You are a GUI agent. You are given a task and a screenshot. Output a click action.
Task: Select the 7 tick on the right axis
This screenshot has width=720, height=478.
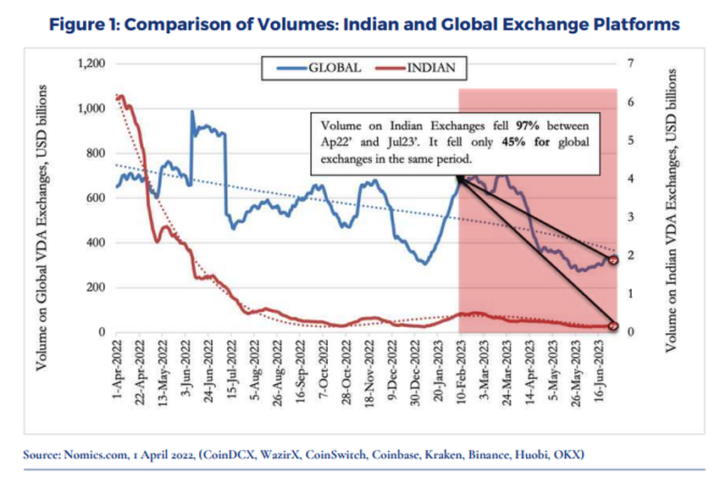point(632,64)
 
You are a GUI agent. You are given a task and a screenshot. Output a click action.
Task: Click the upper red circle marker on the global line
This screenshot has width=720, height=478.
point(614,260)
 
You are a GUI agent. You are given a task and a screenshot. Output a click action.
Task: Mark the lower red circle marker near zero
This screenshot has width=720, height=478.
point(614,326)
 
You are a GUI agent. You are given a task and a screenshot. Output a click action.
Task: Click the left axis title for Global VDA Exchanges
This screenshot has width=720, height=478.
point(42,228)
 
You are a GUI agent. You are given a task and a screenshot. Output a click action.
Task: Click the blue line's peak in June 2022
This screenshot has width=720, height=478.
point(192,112)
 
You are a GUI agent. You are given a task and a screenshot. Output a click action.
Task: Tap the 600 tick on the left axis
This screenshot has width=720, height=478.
point(95,198)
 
